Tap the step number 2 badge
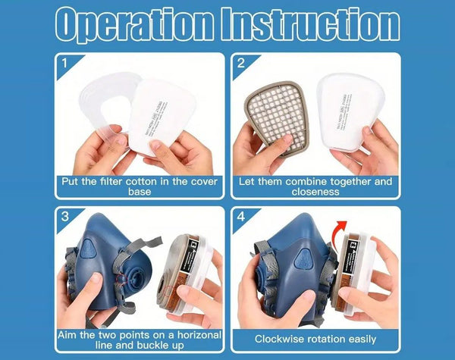(240, 62)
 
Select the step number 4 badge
(240, 217)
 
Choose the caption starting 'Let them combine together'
(315, 186)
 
